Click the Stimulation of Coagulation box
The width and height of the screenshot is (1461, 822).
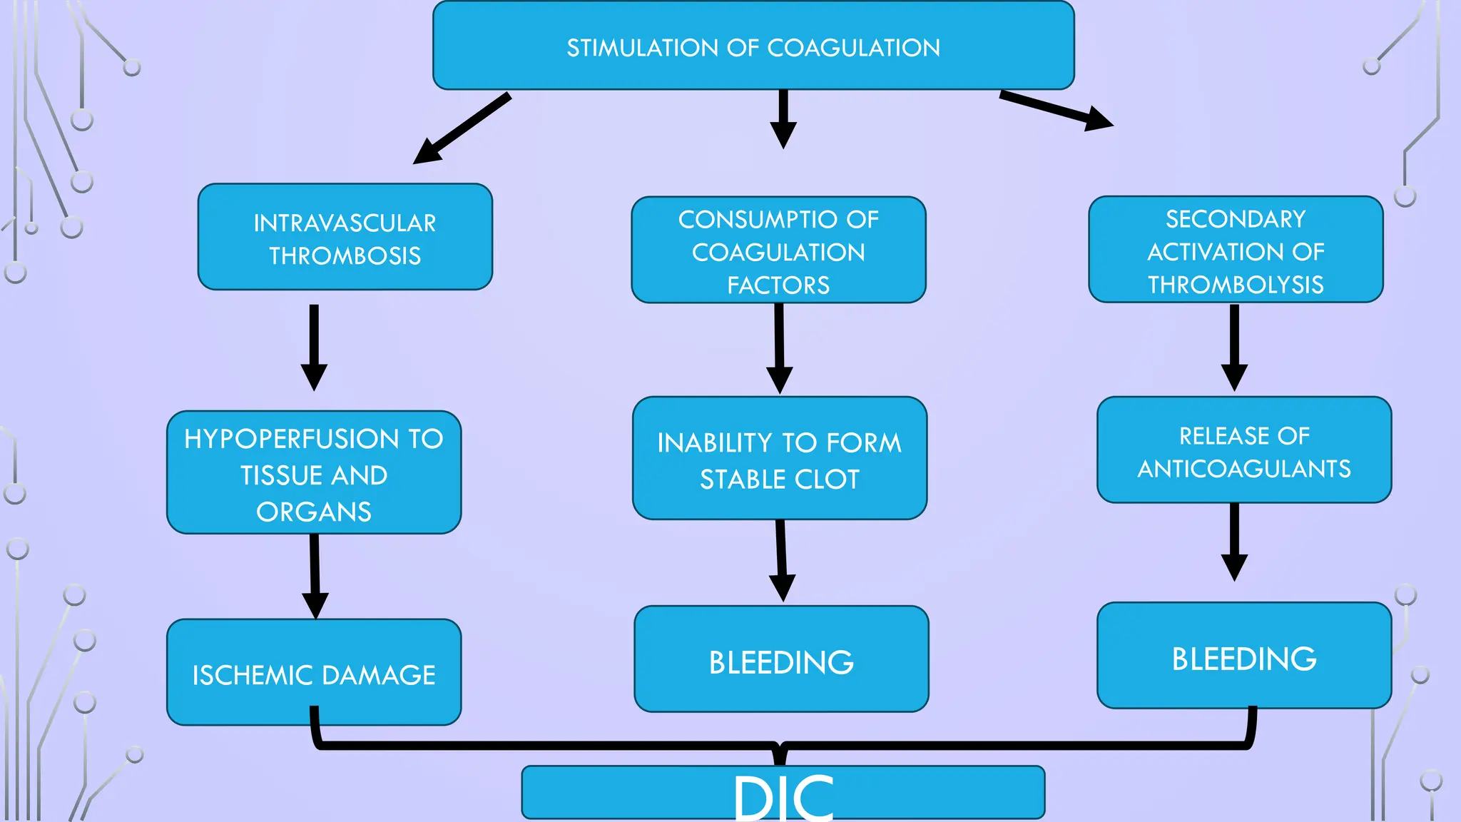[x=753, y=47]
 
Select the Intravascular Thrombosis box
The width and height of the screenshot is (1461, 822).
[x=345, y=238]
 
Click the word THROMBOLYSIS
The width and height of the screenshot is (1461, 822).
[x=1236, y=285]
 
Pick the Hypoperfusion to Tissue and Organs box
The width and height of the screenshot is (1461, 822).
[x=314, y=473]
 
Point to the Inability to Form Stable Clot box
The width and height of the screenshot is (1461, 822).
[x=780, y=460]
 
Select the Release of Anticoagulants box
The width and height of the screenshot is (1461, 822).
[x=1244, y=451]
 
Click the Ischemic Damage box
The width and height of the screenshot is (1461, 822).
[x=314, y=674]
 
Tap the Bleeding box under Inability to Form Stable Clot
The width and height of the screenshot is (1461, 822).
[x=781, y=661]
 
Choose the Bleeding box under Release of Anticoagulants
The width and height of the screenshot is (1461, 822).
[x=1244, y=657]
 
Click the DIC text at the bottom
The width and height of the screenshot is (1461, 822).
[x=783, y=798]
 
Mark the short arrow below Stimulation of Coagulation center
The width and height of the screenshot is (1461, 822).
[x=783, y=118]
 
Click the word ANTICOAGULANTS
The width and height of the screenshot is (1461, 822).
[x=1244, y=469]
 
